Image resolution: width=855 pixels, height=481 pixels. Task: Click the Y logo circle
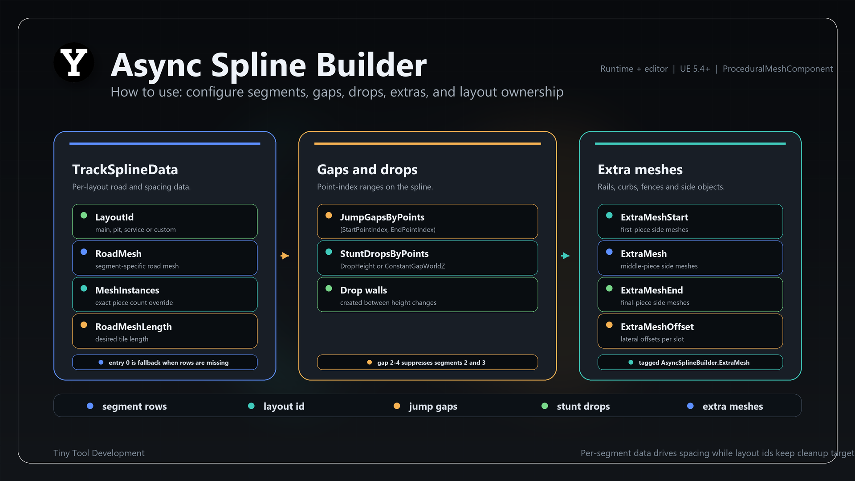coord(74,62)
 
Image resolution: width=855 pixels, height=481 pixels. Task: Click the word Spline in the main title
coord(259,65)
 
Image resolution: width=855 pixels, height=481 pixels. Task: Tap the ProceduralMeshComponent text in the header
coord(778,69)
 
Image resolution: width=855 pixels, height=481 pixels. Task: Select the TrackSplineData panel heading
coord(125,169)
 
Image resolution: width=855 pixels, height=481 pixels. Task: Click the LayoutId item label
coord(114,217)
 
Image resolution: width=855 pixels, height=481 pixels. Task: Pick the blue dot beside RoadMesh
coord(84,252)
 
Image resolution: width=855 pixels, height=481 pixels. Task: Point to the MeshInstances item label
coord(127,290)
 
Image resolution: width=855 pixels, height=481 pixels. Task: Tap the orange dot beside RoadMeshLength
coord(84,325)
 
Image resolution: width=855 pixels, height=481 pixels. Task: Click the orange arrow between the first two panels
coord(285,256)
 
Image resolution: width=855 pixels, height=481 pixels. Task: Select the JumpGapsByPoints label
coord(382,217)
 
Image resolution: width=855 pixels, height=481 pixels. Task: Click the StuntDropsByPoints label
coord(384,254)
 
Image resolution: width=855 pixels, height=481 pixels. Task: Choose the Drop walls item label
coord(363,290)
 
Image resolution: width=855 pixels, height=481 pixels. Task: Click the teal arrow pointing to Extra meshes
coord(566,256)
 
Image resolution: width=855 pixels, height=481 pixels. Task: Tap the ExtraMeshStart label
coord(654,217)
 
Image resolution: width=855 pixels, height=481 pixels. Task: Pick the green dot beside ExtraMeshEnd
coord(609,288)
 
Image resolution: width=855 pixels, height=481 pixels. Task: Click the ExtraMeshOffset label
coord(657,327)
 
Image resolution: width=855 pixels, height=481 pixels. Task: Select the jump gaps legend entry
coord(425,406)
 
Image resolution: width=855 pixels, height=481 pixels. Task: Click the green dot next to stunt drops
coord(545,406)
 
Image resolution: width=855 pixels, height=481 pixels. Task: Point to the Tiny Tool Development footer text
coord(99,453)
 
